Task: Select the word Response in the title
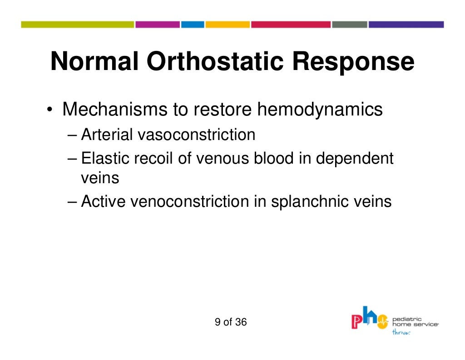[353, 62]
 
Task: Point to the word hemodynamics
[320, 110]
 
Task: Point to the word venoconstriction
[190, 201]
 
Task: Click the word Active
[104, 201]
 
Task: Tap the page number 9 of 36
[231, 322]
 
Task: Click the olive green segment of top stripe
[77, 25]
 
